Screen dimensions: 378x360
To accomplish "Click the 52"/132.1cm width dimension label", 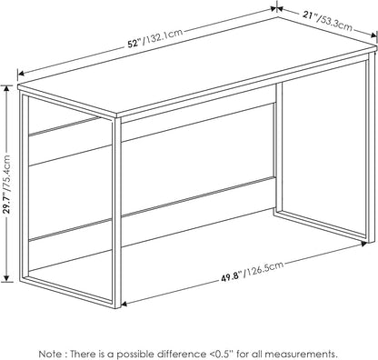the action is (x=155, y=38).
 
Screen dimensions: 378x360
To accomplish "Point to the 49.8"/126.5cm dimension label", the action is (x=252, y=272).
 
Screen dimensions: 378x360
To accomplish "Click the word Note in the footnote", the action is (x=50, y=354).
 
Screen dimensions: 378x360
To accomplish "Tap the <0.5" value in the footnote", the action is (x=221, y=354).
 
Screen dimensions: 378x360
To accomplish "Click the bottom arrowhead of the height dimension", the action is (x=7, y=278).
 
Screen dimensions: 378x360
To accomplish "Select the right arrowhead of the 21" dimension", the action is (x=373, y=35).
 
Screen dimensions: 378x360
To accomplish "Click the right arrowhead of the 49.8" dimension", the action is (x=363, y=244).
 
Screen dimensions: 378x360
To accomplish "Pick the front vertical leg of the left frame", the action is (x=116, y=213).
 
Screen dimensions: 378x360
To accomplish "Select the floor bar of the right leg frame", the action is (x=322, y=225).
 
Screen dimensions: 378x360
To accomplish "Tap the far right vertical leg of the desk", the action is (x=370, y=147).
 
